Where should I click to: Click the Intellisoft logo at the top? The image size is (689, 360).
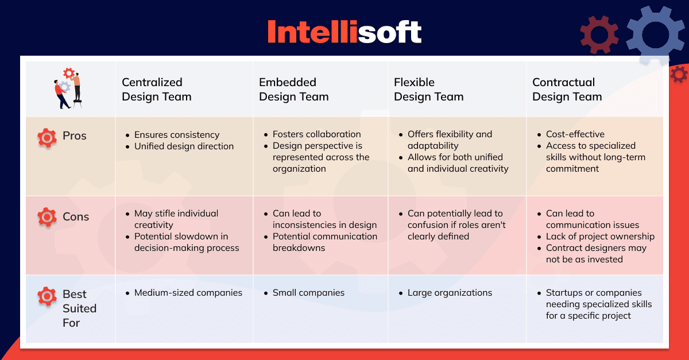[344, 32]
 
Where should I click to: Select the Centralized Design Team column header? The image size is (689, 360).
[157, 90]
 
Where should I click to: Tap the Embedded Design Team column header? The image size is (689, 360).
[294, 90]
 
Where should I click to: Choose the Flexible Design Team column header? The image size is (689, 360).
[429, 90]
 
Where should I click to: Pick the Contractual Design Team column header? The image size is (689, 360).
[567, 90]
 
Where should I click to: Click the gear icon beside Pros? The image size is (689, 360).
[47, 138]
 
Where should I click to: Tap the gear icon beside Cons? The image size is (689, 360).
[47, 217]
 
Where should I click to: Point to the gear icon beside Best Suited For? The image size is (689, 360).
[47, 296]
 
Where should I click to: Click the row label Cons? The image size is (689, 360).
[76, 216]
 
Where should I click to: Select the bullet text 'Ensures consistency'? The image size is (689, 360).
[177, 135]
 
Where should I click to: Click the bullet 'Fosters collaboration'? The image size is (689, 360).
[316, 134]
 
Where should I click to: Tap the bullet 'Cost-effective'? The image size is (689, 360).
[575, 134]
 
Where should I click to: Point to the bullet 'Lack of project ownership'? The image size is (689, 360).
[600, 237]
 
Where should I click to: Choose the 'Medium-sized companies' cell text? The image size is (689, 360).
[188, 293]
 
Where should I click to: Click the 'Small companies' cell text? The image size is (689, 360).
[308, 293]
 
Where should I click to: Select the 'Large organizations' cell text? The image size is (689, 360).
[450, 293]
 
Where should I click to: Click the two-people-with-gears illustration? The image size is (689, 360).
[68, 88]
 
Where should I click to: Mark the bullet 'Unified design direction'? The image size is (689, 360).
[184, 146]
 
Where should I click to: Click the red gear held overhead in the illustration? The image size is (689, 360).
[69, 73]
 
